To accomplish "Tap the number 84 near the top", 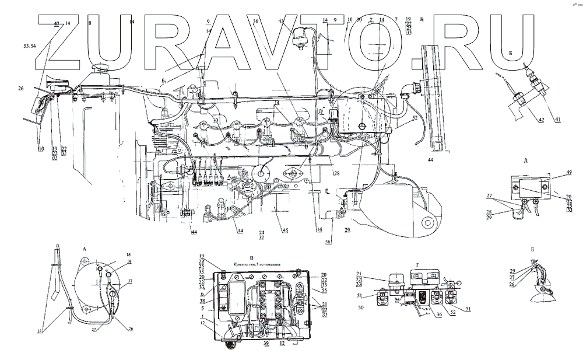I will click(132, 22).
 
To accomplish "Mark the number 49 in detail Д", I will click(569, 173).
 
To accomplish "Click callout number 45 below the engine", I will click(285, 230).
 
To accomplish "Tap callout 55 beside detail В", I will click(324, 290).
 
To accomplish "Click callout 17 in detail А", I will click(131, 281).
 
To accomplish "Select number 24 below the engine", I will click(262, 232).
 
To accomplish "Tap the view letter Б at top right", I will click(510, 53).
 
